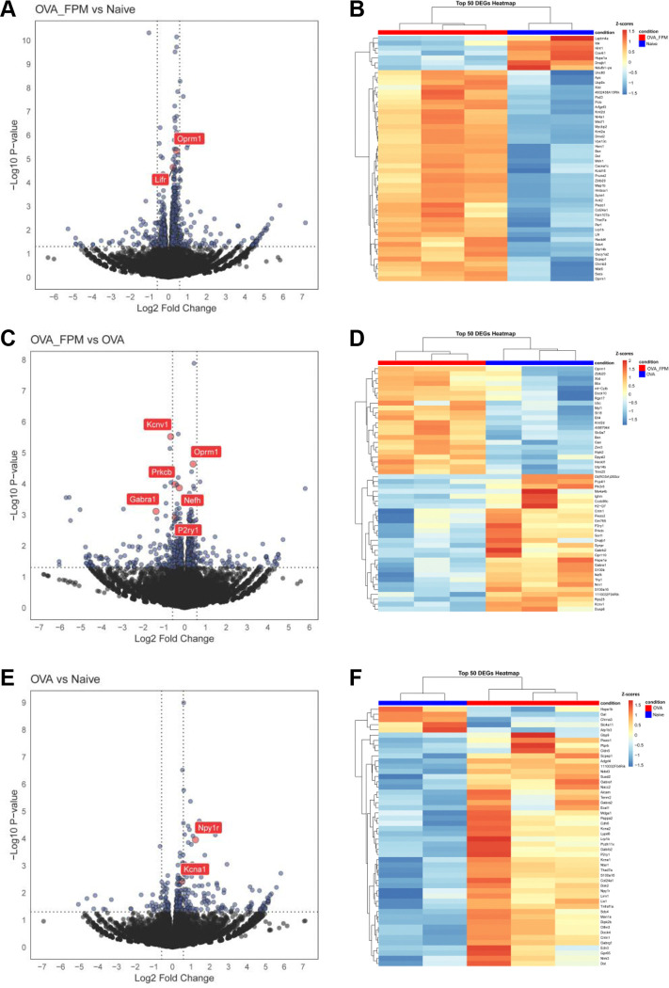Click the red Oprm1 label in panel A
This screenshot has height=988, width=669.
[189, 138]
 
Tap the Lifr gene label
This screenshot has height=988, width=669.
[161, 179]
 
